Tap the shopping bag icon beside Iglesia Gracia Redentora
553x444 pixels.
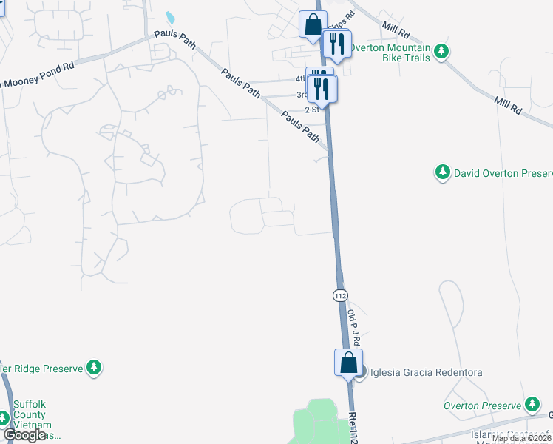coord(348,363)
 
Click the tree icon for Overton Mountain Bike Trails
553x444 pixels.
coord(441,50)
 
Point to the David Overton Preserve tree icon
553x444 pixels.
coord(442,172)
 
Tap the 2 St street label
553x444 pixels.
coord(311,109)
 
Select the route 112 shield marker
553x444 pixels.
coord(339,295)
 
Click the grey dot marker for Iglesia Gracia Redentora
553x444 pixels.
coord(361,373)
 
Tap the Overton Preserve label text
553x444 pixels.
coord(482,406)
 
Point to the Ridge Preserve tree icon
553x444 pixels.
coord(93,366)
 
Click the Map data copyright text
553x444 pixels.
coord(521,438)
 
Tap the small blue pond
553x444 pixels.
coord(171,16)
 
